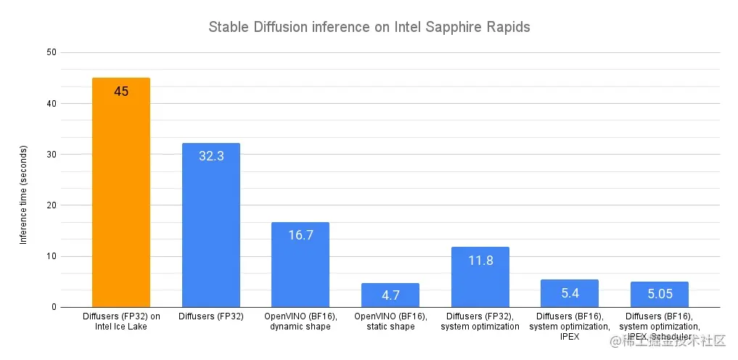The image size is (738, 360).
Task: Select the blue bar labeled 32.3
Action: pos(210,225)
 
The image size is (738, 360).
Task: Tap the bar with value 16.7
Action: pos(300,265)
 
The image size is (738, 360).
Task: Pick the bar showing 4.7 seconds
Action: pos(390,295)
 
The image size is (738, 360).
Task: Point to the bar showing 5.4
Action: pos(570,293)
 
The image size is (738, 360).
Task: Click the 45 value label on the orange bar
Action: pos(121,91)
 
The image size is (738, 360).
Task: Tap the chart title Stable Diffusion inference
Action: pos(369,28)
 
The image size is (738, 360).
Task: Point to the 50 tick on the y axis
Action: pos(51,52)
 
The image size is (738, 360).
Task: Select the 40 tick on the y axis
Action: pos(51,103)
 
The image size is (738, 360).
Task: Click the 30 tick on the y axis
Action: pos(51,154)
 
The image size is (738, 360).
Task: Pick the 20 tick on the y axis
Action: pos(51,205)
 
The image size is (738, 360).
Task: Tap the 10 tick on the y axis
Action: pos(51,256)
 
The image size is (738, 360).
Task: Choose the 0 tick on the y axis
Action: pos(54,307)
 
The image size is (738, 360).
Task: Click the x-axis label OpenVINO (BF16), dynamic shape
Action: pos(300,322)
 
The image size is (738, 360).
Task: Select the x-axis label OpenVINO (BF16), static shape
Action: pos(390,322)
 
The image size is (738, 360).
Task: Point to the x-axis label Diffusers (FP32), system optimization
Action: pos(480,322)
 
